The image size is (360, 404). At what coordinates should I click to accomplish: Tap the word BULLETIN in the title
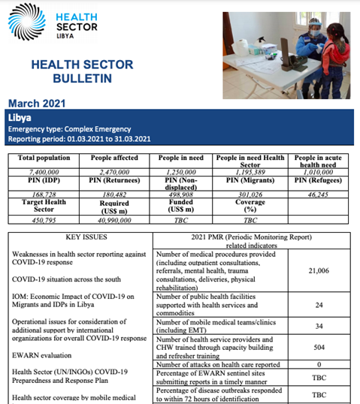point(71,78)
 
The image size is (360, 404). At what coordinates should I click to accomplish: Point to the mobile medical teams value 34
point(319,327)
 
